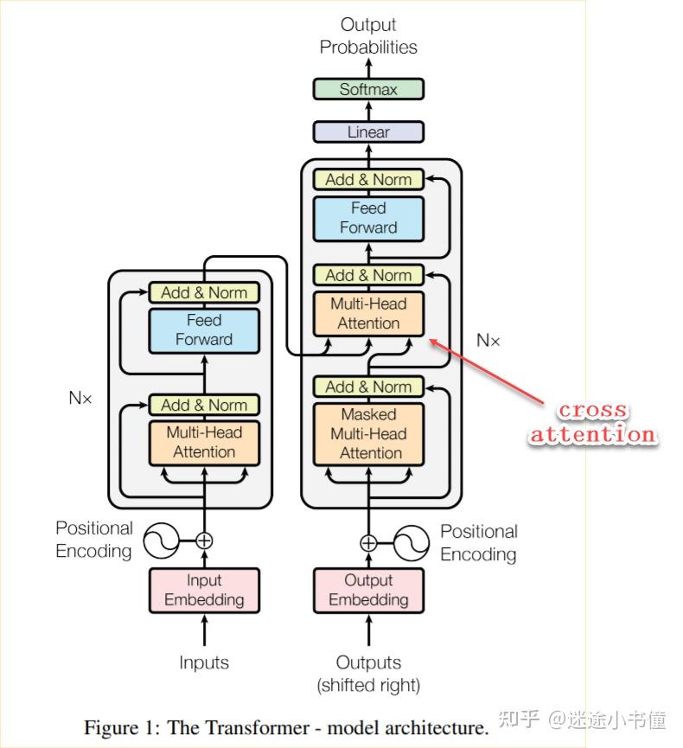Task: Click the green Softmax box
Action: coord(368,89)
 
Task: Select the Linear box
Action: coord(368,132)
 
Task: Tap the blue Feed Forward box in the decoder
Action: coord(368,218)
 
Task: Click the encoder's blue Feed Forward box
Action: coord(204,329)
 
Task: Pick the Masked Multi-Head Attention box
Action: coord(369,433)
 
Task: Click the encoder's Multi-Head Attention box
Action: coord(204,442)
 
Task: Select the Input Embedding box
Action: coord(204,590)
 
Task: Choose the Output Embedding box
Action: coord(369,590)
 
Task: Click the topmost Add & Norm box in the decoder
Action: coord(368,180)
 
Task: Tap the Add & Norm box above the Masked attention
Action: coord(368,387)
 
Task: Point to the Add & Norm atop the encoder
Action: coord(204,292)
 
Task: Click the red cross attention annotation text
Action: coord(592,423)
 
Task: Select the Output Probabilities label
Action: coord(368,35)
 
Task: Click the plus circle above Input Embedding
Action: coord(204,541)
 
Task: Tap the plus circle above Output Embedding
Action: coord(368,543)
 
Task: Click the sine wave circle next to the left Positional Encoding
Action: coord(160,541)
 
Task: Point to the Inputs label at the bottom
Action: coord(204,662)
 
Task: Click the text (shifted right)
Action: coord(368,686)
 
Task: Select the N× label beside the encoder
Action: coord(80,399)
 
